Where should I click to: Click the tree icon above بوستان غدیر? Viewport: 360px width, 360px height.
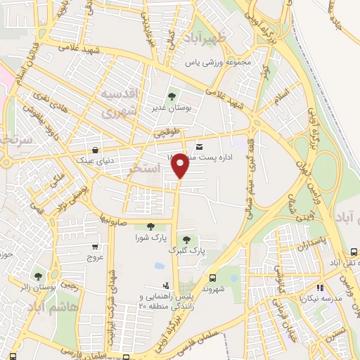[170, 96]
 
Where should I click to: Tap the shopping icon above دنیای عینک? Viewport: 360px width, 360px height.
[95, 149]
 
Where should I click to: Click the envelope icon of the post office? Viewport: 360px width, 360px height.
[200, 147]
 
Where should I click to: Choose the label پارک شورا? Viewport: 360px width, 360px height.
[150, 238]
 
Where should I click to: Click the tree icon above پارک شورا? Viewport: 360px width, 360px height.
[150, 226]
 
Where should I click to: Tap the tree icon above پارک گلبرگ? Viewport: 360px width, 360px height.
[186, 240]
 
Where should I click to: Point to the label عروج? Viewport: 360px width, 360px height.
[96, 258]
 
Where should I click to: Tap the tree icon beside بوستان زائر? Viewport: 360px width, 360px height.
[38, 276]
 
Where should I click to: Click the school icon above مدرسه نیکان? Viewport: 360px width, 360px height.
[320, 287]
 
